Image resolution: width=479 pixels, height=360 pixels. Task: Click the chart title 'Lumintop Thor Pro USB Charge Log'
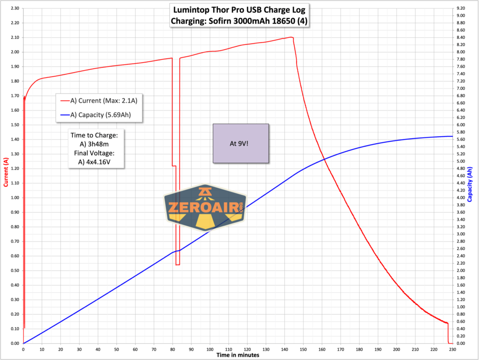[240, 9]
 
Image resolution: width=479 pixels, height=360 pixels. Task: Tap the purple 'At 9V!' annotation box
[241, 144]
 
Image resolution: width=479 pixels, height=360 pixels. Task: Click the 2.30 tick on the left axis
[13, 8]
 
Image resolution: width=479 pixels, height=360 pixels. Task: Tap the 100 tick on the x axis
[210, 349]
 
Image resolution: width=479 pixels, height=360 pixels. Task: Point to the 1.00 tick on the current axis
[13, 198]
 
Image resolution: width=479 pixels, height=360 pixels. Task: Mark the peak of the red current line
[291, 37]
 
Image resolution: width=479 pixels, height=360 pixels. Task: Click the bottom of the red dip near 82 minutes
[178, 265]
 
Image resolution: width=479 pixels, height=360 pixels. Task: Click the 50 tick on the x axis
[116, 349]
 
